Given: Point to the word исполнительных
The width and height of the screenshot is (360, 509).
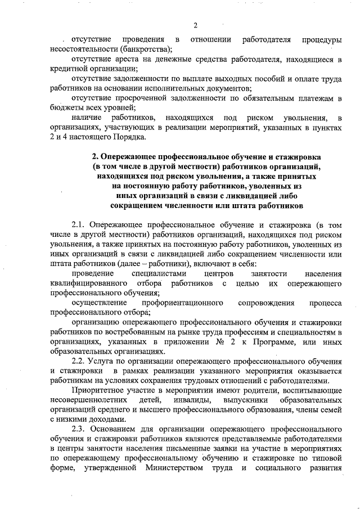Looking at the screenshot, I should (x=177, y=89).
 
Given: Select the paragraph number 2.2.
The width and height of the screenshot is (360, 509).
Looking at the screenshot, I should (x=79, y=360).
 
